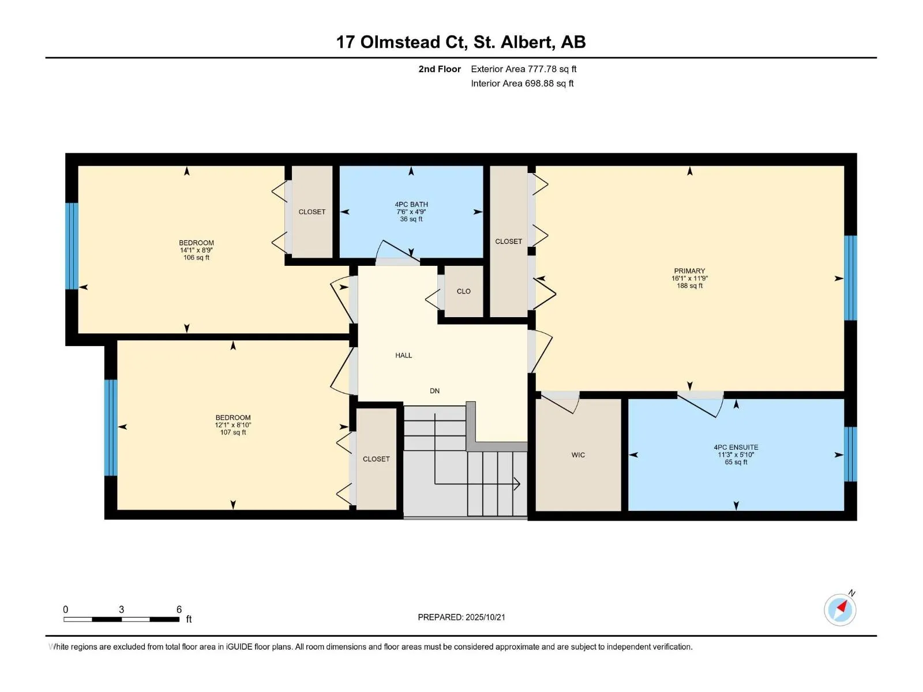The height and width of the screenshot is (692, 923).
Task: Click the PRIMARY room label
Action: (x=689, y=271)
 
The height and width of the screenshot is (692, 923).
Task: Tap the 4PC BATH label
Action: (x=411, y=205)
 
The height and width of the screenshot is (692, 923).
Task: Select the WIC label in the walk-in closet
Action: (x=578, y=454)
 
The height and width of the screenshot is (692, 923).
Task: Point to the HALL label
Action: (x=403, y=355)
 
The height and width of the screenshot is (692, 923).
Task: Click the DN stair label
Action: (x=434, y=391)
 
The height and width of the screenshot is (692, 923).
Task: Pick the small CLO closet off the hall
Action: (x=463, y=291)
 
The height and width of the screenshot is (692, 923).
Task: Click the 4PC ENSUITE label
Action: (x=736, y=447)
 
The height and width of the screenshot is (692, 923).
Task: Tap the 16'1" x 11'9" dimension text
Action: (x=689, y=278)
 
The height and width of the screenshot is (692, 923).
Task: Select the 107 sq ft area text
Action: (x=233, y=432)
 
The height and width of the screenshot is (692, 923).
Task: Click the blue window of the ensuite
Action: (x=850, y=454)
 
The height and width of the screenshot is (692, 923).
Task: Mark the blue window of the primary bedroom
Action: (x=850, y=278)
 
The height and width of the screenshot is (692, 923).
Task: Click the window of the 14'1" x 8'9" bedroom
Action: (x=72, y=246)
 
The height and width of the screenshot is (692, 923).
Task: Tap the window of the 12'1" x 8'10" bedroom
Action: (x=111, y=428)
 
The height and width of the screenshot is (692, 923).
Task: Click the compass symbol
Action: (x=840, y=610)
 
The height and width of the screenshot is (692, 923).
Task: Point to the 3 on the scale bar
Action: (x=122, y=609)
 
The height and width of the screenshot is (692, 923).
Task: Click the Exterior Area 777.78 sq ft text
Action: (x=524, y=69)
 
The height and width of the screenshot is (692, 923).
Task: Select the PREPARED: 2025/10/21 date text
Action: (x=461, y=617)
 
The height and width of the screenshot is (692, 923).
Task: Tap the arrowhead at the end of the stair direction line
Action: (x=517, y=484)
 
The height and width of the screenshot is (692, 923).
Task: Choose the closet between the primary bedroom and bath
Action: (x=509, y=241)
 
